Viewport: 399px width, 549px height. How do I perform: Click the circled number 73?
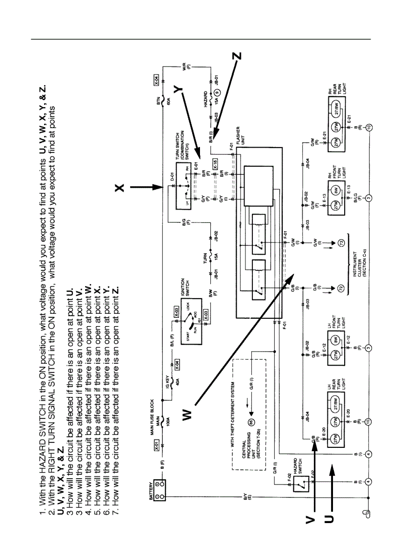click(341, 242)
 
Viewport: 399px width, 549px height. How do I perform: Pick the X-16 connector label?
click(215, 164)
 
